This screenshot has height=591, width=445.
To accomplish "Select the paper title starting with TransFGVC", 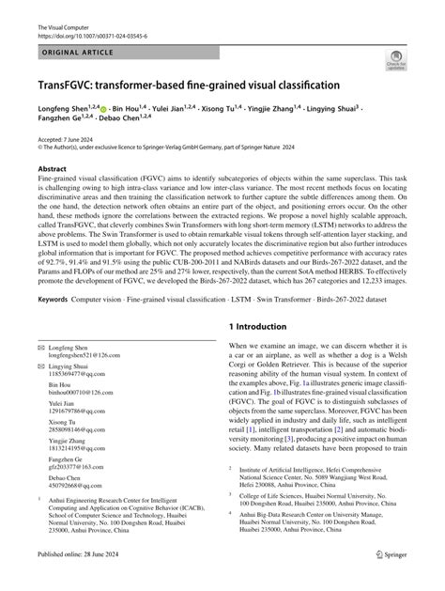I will pos(176,85).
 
